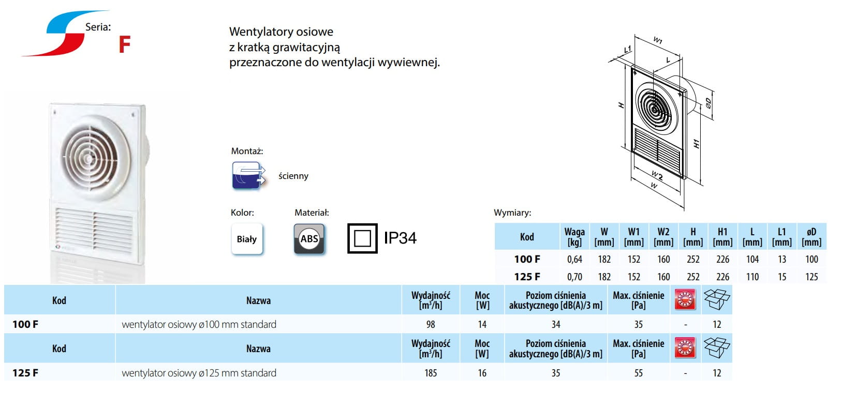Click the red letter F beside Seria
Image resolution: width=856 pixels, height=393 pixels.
click(125, 44)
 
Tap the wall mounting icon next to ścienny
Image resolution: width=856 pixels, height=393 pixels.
click(248, 175)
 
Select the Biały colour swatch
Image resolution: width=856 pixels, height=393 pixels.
click(247, 239)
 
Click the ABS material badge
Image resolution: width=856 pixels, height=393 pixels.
click(309, 239)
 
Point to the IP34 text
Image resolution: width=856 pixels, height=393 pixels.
click(400, 238)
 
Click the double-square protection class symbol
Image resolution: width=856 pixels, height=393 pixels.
click(362, 238)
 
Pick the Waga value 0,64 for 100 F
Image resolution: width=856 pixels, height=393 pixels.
click(574, 259)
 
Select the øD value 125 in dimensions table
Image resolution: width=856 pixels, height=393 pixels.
click(811, 277)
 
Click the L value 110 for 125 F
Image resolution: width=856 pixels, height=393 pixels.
click(752, 277)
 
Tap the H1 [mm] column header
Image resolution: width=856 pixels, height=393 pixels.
click(722, 237)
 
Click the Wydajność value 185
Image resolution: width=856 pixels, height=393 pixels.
click(431, 373)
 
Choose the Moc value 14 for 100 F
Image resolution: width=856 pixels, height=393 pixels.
click(482, 324)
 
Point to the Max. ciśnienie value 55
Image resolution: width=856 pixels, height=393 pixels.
click(639, 373)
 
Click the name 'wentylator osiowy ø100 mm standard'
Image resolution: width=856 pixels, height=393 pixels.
click(199, 324)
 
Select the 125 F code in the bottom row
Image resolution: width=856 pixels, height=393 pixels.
click(25, 373)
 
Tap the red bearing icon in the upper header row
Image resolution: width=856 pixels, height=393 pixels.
click(685, 299)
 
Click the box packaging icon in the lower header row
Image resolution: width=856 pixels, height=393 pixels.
click(716, 347)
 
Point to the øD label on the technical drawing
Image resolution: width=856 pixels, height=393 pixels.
click(708, 103)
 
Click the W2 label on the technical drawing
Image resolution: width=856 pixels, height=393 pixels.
click(657, 175)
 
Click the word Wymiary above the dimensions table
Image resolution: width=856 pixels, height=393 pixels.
click(512, 213)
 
